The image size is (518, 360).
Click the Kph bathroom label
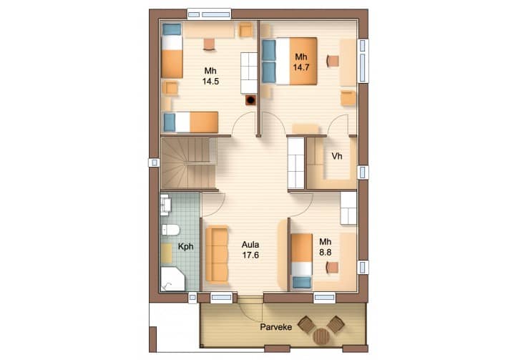point(185,247)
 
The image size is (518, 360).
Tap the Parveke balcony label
point(276,327)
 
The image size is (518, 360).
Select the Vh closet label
point(337,156)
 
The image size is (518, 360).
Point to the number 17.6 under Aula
point(250,256)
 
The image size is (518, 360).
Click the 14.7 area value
point(301,68)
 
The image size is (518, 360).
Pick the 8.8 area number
point(325,253)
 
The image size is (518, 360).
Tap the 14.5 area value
point(210,82)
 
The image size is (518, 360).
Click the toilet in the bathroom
point(170,230)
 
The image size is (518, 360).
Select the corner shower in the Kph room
point(172,279)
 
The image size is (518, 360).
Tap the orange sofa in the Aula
point(217,254)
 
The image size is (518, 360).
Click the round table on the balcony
point(321,336)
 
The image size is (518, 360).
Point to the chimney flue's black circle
point(251,99)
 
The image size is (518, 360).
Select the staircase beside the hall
point(189,163)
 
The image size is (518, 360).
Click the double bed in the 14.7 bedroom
point(290,61)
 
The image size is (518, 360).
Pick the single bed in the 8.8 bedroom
point(302,261)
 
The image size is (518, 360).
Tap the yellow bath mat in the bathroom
point(167,253)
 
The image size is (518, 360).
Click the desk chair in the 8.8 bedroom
point(333,267)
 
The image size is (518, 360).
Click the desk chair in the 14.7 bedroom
point(333,61)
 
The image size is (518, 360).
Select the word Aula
point(250,245)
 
